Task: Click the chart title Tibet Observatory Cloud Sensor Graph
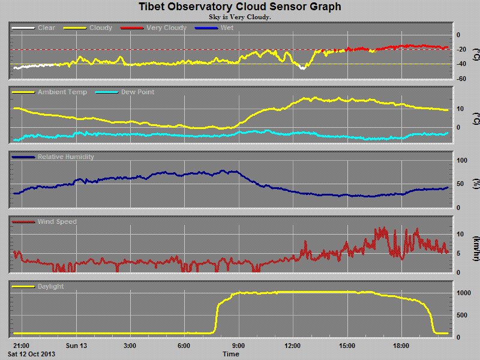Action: pyautogui.click(x=240, y=7)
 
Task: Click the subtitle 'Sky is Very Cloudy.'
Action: pyautogui.click(x=240, y=17)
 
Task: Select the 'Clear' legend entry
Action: pyautogui.click(x=46, y=28)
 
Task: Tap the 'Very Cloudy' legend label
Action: pyautogui.click(x=166, y=28)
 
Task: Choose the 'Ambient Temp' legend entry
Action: pyautogui.click(x=62, y=92)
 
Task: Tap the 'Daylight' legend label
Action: pyautogui.click(x=50, y=287)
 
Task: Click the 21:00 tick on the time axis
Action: pyautogui.click(x=21, y=346)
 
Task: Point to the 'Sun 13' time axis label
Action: pyautogui.click(x=76, y=346)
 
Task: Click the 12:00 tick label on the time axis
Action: pyautogui.click(x=293, y=346)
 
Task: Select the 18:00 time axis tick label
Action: pyautogui.click(x=401, y=346)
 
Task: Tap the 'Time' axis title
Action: pyautogui.click(x=231, y=354)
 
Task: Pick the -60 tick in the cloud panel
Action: pyautogui.click(x=462, y=79)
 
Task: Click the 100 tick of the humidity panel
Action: pyautogui.click(x=463, y=161)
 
